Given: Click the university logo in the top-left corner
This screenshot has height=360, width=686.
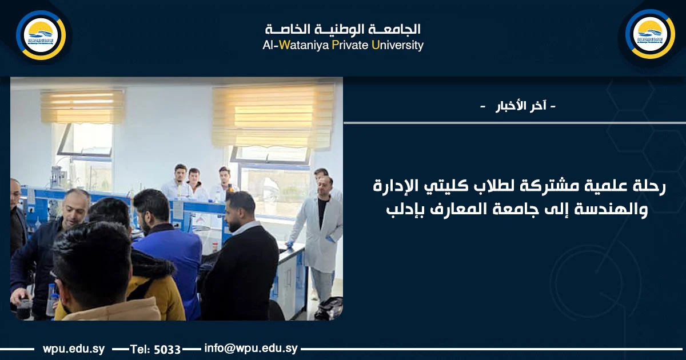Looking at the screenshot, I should tap(41, 35).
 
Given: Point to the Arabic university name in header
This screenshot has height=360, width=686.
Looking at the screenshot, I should tap(342, 29).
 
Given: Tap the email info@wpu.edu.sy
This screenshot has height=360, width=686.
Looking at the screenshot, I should tap(251, 348).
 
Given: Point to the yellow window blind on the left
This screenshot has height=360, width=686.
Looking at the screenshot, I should tap(82, 107).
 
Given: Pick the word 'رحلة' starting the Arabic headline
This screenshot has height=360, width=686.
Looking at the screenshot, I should tap(651, 186).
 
